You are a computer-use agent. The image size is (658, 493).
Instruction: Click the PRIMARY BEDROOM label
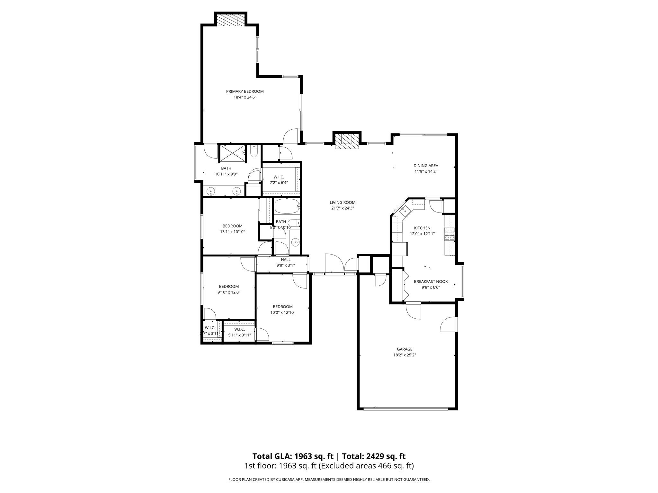click(x=245, y=91)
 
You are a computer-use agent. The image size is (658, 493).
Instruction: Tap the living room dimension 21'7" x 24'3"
click(x=342, y=208)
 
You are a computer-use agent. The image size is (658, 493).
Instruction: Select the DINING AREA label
click(x=426, y=166)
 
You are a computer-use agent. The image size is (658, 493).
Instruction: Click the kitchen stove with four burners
click(x=449, y=234)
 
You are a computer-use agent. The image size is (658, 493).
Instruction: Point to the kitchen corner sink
click(x=404, y=211)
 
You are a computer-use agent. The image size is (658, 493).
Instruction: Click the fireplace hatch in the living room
click(x=347, y=141)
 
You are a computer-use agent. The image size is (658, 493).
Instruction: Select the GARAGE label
click(x=405, y=349)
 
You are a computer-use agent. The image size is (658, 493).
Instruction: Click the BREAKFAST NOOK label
click(x=431, y=281)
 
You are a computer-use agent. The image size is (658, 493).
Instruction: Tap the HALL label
click(x=286, y=260)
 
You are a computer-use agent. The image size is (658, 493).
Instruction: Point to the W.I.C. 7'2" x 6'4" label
click(x=279, y=180)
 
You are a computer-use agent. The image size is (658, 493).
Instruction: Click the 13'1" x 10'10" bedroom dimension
click(x=232, y=231)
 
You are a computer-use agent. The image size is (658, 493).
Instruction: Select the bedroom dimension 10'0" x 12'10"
click(x=283, y=312)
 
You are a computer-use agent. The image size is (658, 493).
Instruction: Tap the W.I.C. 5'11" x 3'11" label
click(x=239, y=332)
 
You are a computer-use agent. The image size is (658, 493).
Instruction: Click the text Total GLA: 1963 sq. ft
click(x=293, y=456)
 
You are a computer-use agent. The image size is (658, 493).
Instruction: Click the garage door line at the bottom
click(x=405, y=409)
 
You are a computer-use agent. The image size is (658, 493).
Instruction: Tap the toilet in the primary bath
click(x=254, y=151)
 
